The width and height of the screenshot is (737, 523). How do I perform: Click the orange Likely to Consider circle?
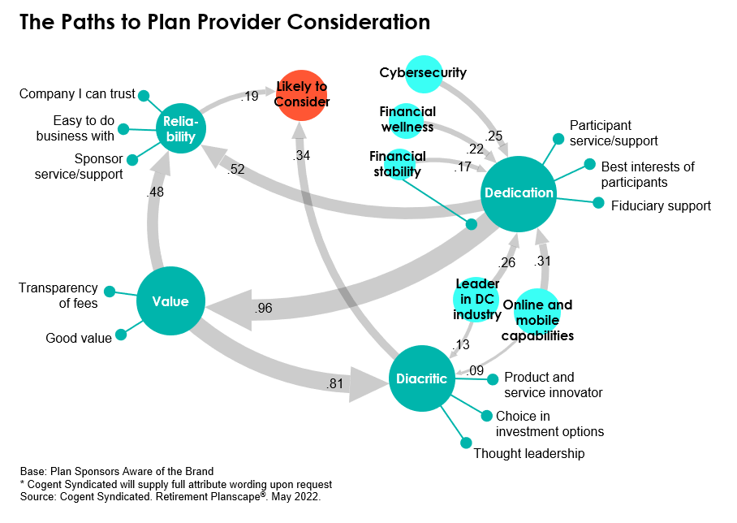pos(301,96)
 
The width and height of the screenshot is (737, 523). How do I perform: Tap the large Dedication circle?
pos(519,193)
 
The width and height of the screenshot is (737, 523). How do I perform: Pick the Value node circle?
pos(170,302)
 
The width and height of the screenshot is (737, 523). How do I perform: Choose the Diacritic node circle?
pos(420,378)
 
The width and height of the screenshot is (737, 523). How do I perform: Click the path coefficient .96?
pos(263,309)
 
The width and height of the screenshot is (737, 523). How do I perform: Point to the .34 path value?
pos(302,155)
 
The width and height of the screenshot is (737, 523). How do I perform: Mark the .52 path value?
pos(238,168)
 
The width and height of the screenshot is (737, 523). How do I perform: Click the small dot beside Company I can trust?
pos(144,95)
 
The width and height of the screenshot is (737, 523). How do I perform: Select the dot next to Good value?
pos(122,333)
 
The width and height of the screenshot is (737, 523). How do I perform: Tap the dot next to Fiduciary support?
pos(599,203)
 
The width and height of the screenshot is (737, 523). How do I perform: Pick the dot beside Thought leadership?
pos(466,443)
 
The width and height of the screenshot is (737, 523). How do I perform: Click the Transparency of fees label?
pos(58,296)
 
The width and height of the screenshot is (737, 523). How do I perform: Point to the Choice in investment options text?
pos(550,424)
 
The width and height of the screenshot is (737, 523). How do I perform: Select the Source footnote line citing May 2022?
pos(170,495)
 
